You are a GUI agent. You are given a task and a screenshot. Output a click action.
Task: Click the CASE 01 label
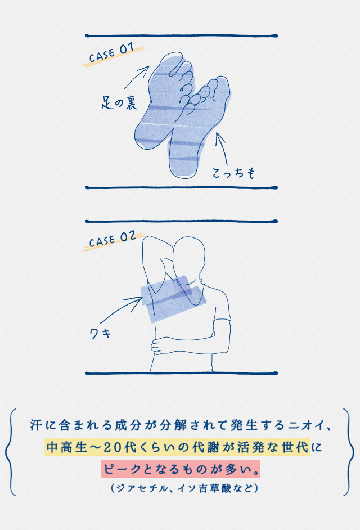click(111, 53)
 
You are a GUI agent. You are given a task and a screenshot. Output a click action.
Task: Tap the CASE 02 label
click(112, 239)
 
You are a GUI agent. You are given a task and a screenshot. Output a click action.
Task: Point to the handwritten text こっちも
click(233, 173)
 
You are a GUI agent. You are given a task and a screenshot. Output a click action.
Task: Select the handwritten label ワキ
click(100, 334)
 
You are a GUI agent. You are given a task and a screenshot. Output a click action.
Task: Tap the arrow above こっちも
click(222, 149)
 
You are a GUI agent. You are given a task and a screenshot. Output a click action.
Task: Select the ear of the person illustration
click(201, 275)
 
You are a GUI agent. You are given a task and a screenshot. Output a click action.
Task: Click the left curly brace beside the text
click(10, 452)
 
